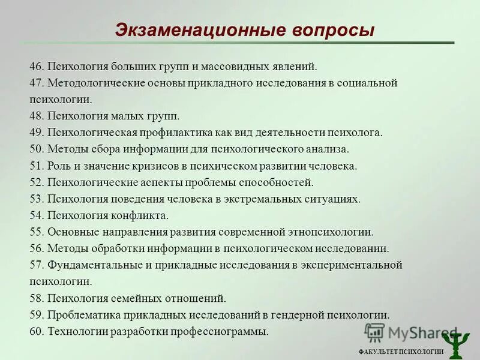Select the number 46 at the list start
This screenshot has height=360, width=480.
[35, 67]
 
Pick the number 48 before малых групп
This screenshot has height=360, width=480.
[35, 116]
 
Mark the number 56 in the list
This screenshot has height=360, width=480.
[35, 248]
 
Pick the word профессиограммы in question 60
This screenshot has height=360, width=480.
[225, 331]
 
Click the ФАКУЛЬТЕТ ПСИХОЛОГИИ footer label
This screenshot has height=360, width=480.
[401, 352]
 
